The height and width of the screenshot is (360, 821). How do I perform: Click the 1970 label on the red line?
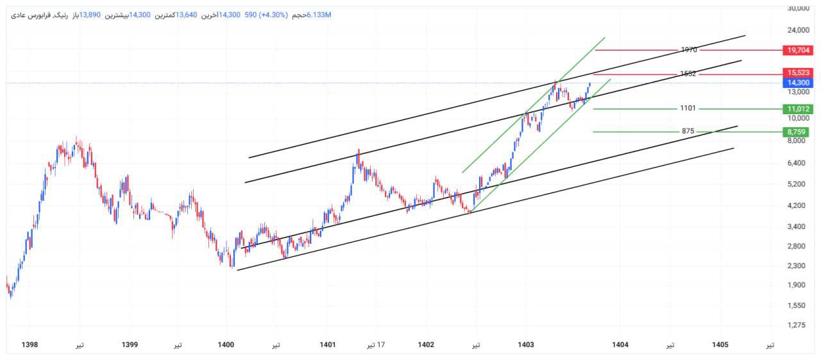(x=689, y=49)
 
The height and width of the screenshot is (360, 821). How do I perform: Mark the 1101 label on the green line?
(x=688, y=108)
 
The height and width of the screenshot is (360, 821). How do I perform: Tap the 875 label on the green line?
(x=688, y=131)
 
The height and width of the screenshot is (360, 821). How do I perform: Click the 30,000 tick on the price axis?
(x=797, y=8)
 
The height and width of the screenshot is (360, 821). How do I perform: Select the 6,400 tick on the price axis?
(x=797, y=163)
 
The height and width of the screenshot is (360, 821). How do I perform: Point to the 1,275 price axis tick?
(x=797, y=325)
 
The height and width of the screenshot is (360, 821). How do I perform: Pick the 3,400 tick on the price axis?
(x=797, y=227)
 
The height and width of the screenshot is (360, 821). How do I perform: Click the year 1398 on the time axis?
(x=30, y=345)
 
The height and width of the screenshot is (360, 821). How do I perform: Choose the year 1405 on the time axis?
(x=720, y=345)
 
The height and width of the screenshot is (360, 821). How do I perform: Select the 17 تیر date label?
(x=375, y=345)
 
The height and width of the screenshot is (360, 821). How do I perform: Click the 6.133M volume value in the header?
(x=319, y=15)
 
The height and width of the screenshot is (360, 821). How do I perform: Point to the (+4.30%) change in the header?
(x=271, y=15)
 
